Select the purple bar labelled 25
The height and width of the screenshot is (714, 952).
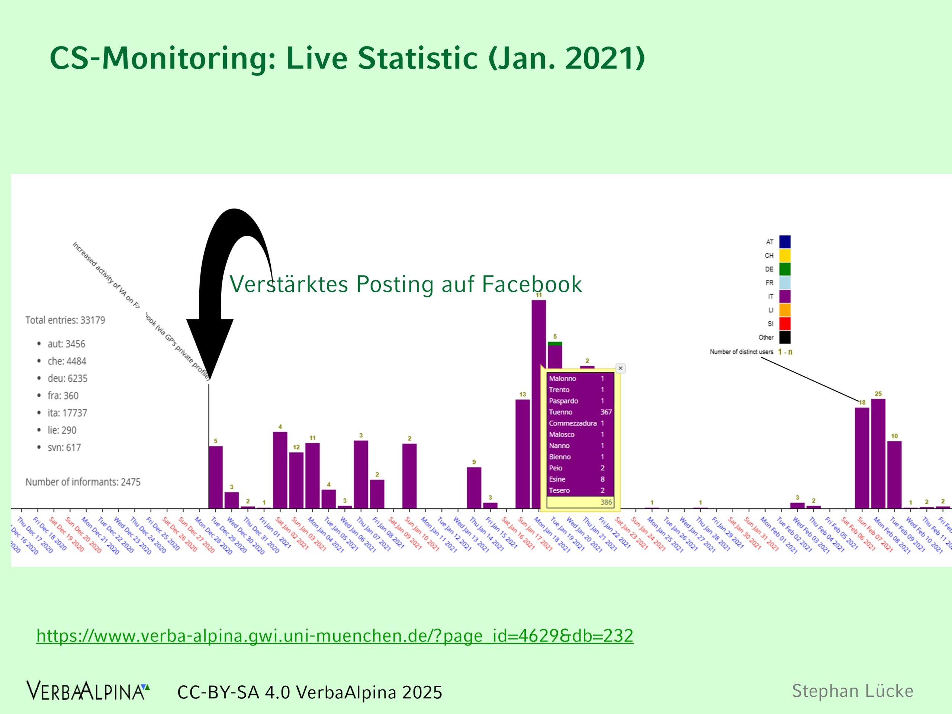click(x=878, y=454)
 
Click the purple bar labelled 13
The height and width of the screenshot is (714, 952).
click(x=522, y=454)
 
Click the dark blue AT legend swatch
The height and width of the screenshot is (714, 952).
click(x=785, y=242)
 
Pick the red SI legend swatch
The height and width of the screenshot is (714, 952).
click(x=785, y=323)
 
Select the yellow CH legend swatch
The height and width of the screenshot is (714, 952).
click(x=785, y=255)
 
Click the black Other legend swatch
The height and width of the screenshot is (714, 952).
click(x=785, y=337)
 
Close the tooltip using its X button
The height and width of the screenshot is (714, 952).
click(x=620, y=369)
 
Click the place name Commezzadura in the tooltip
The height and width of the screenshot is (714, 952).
click(x=572, y=424)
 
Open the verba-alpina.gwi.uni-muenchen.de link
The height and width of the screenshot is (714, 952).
click(x=334, y=636)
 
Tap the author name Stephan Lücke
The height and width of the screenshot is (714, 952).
click(x=852, y=691)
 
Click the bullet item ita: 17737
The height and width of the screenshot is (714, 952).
click(x=67, y=413)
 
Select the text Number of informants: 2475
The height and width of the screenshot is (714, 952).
click(x=83, y=482)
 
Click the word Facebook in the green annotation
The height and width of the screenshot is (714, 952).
click(x=531, y=284)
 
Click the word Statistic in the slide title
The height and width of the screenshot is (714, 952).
click(x=418, y=58)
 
